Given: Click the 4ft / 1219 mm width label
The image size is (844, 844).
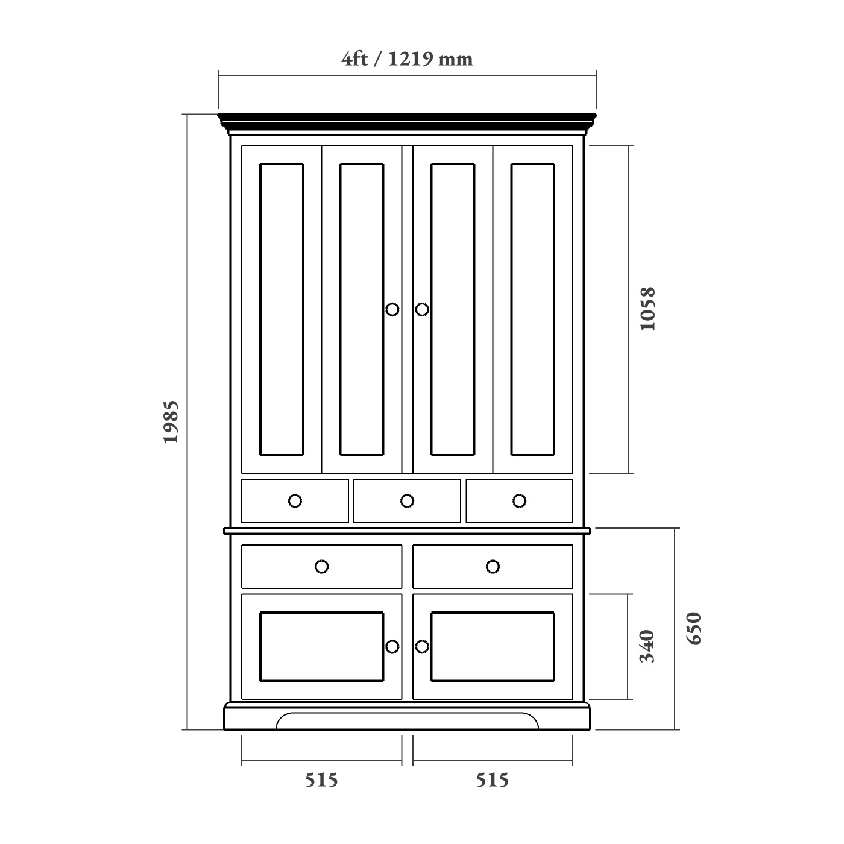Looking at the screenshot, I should [x=407, y=59].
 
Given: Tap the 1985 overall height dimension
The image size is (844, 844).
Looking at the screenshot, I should [x=172, y=421].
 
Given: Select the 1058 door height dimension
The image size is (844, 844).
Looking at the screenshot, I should [x=647, y=309].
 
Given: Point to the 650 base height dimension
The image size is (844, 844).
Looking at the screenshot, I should [x=694, y=628].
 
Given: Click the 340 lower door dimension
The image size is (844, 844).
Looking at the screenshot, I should [x=647, y=646].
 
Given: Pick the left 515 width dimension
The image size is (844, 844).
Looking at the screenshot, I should [x=321, y=780].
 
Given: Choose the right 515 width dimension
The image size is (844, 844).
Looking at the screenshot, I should [x=493, y=780].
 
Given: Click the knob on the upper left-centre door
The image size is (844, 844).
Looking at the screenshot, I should [x=392, y=309].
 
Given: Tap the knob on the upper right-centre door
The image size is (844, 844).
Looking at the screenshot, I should [x=422, y=309].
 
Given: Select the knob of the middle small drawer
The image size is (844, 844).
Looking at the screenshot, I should [x=407, y=501].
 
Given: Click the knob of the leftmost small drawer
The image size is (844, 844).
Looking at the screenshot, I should [x=295, y=501].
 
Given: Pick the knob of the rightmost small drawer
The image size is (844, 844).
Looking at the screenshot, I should [x=519, y=501].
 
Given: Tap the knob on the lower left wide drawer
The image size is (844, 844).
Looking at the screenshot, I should [x=321, y=567].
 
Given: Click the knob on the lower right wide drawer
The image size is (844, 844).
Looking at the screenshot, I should [x=493, y=567].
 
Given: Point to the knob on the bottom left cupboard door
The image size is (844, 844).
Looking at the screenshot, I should [x=392, y=647].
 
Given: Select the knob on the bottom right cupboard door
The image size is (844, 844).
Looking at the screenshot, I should [x=422, y=647].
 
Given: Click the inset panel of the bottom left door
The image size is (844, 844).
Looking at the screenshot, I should [x=321, y=647].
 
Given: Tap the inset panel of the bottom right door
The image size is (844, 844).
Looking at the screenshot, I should [x=493, y=647].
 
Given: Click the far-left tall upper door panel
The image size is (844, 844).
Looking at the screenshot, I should [x=282, y=309].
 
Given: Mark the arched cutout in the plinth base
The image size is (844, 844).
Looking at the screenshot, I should [x=407, y=721].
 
